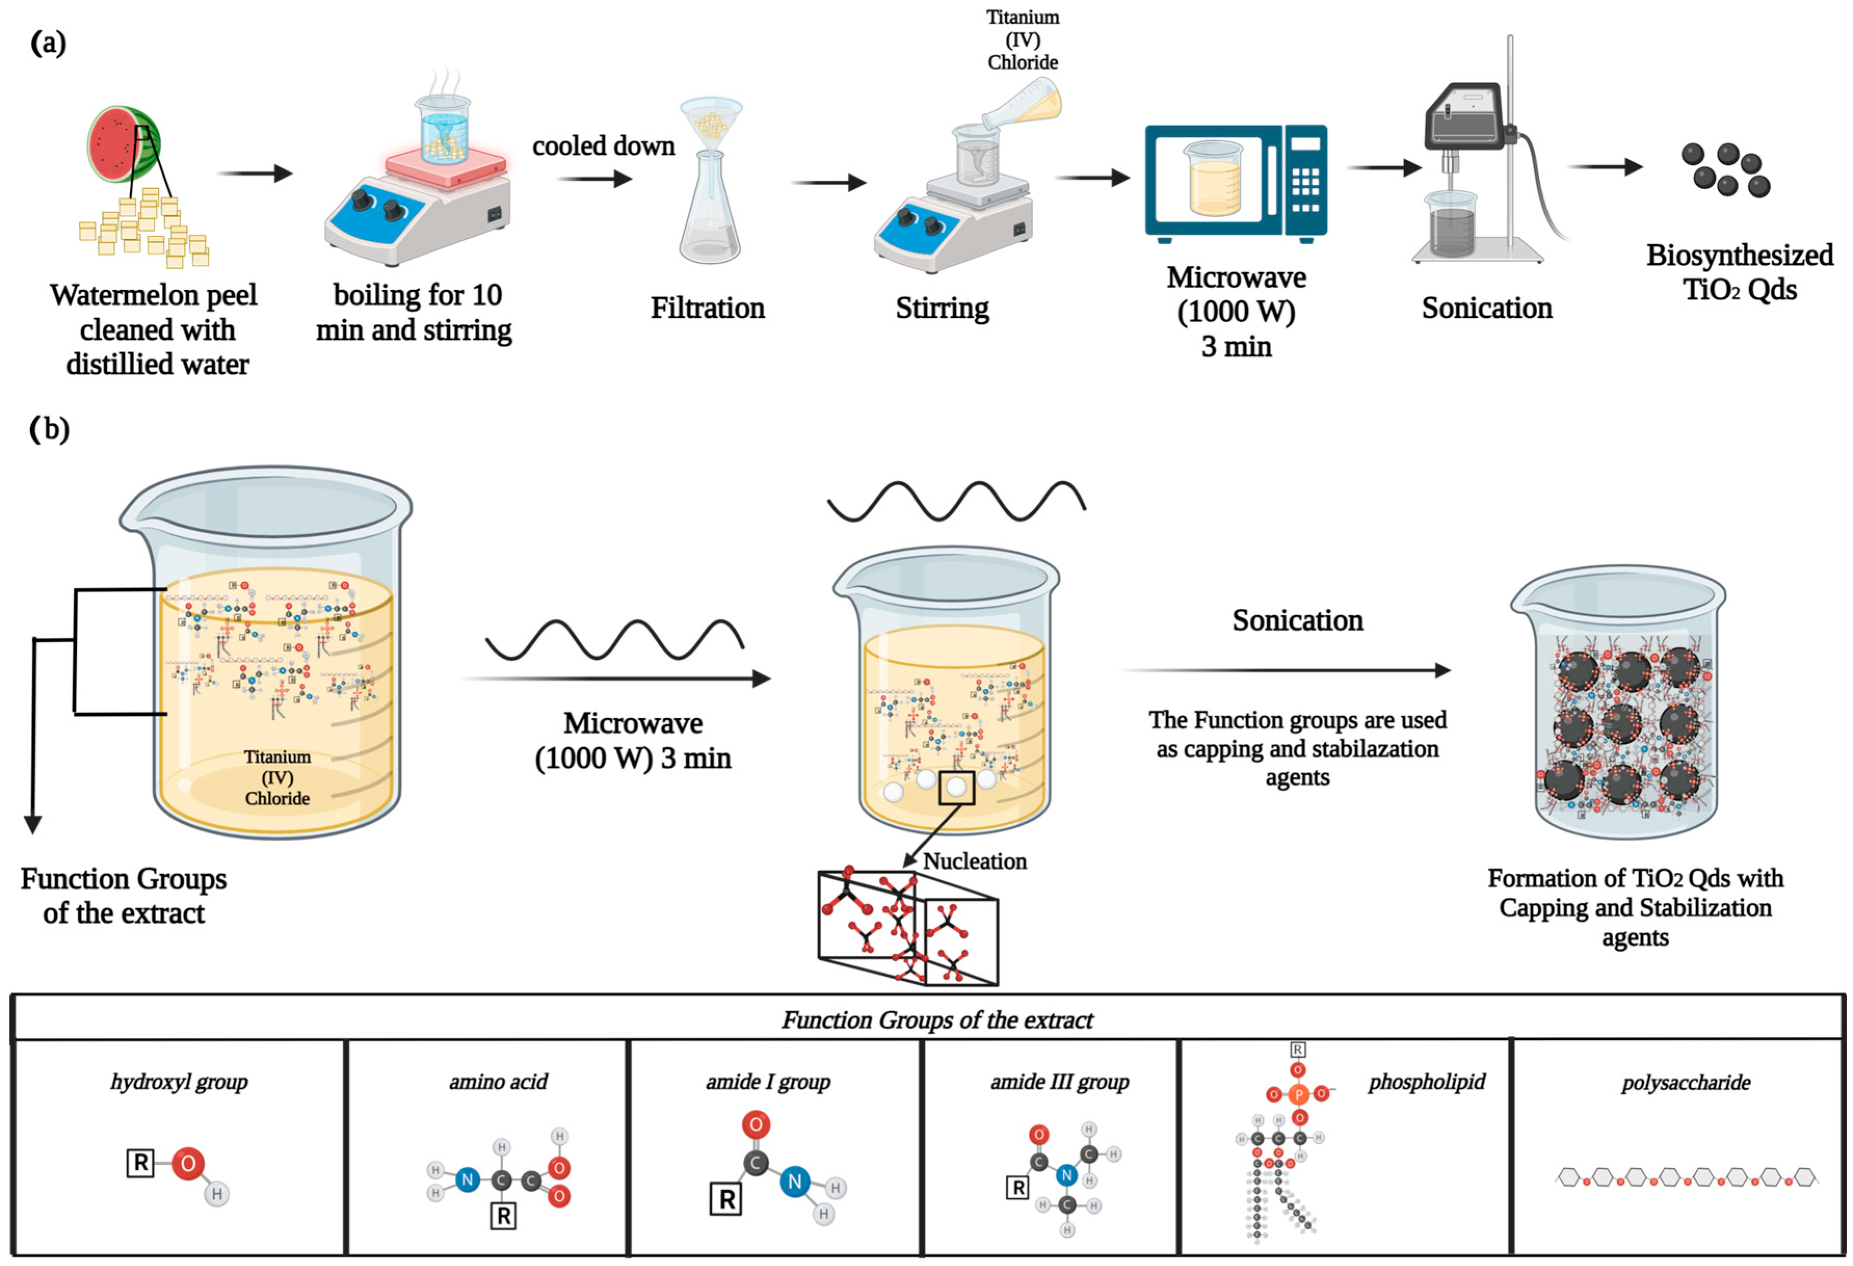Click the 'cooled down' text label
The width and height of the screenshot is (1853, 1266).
[x=604, y=146]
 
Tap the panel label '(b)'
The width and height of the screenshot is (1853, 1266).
[x=49, y=429]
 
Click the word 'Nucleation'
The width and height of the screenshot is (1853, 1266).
[x=975, y=862]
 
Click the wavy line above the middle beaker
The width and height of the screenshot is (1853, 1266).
[x=956, y=501]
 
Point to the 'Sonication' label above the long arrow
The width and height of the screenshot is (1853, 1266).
[x=1297, y=620]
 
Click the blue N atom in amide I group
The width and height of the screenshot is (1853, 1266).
[x=794, y=1181]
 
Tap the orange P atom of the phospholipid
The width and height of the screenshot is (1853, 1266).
[x=1298, y=1095]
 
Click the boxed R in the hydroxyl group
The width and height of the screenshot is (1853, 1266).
[x=140, y=1163]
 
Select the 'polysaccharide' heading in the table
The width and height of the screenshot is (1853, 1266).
[x=1686, y=1083]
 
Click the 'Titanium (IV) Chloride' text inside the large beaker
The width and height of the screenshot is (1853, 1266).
[x=277, y=777]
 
